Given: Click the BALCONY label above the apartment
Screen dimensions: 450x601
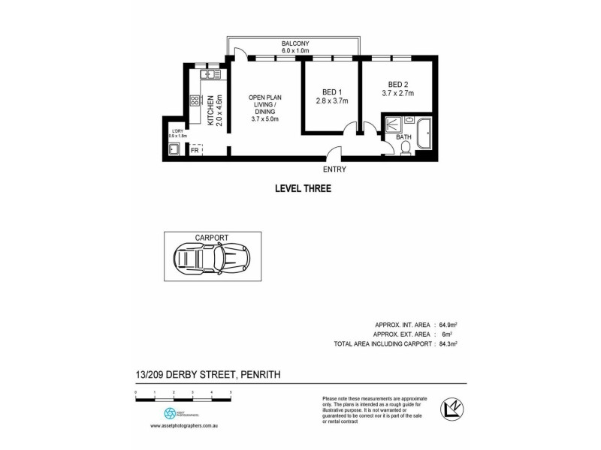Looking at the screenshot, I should tap(295, 43).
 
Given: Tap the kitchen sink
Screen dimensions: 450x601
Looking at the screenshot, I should tap(210, 74).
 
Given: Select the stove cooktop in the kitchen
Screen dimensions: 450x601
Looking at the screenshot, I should tap(195, 100).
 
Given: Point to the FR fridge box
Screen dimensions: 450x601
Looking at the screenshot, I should tap(195, 151).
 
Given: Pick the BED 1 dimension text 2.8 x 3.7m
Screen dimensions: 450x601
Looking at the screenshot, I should tap(331, 101).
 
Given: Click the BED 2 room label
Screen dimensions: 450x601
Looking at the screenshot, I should tap(397, 83).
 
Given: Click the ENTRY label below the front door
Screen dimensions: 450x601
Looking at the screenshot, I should tap(334, 169).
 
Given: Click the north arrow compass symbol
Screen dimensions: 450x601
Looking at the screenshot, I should tap(451, 409).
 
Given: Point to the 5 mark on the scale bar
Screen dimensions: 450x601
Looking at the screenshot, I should tap(231, 392).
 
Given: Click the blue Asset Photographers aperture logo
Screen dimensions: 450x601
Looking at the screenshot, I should tap(169, 413).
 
